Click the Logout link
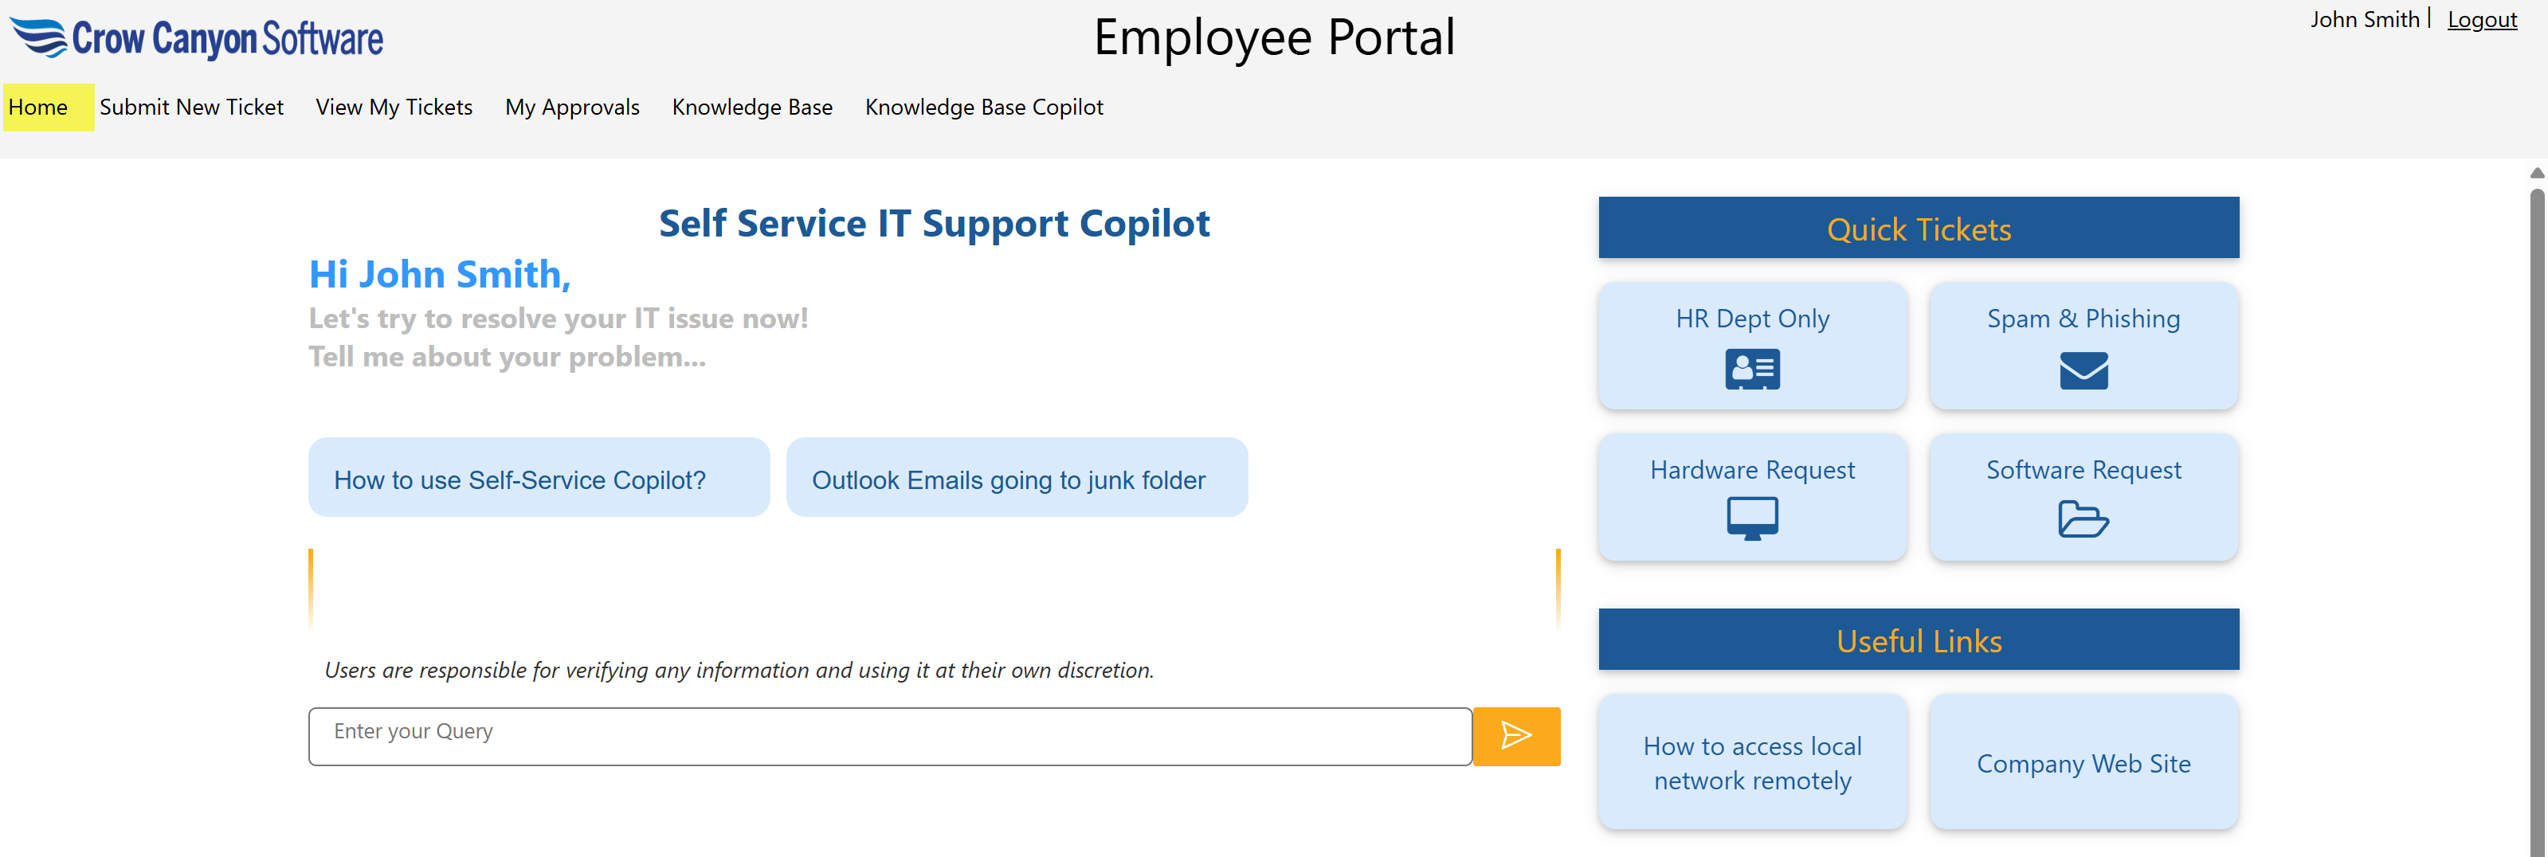click(x=2481, y=20)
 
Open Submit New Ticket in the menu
click(x=191, y=107)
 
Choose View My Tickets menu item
click(x=394, y=107)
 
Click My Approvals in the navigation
click(x=572, y=107)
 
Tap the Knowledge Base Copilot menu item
click(x=983, y=107)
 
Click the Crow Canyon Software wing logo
click(x=37, y=37)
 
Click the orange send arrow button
click(x=1515, y=735)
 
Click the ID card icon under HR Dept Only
click(x=1752, y=369)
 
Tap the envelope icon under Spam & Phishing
click(x=2083, y=370)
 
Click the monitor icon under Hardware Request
click(x=1752, y=518)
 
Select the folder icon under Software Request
click(x=2083, y=519)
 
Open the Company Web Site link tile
click(x=2083, y=762)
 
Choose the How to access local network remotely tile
click(x=1752, y=762)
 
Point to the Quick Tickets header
click(x=1918, y=229)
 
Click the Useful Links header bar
click(x=1918, y=640)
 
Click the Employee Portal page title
click(x=1273, y=37)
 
